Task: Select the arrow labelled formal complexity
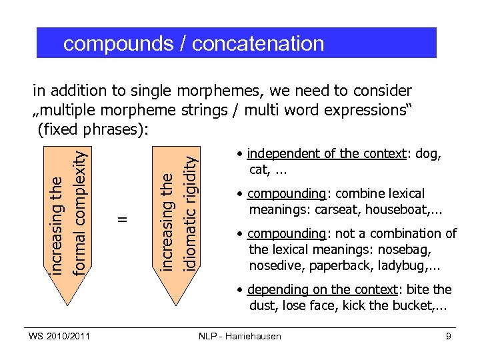[69, 220]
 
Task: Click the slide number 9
[449, 336]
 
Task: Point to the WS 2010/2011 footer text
[59, 336]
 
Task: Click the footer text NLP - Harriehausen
[240, 336]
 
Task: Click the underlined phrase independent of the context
[327, 154]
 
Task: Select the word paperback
[347, 265]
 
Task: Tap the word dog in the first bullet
[426, 154]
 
